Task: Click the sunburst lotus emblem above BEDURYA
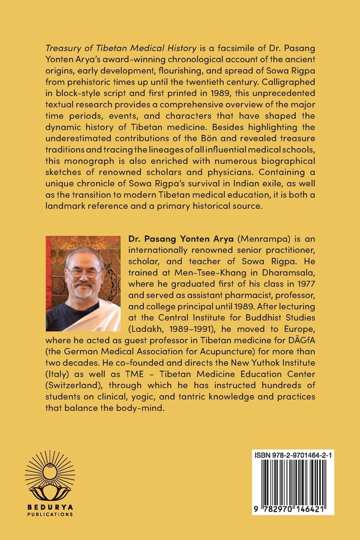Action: [50, 475]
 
